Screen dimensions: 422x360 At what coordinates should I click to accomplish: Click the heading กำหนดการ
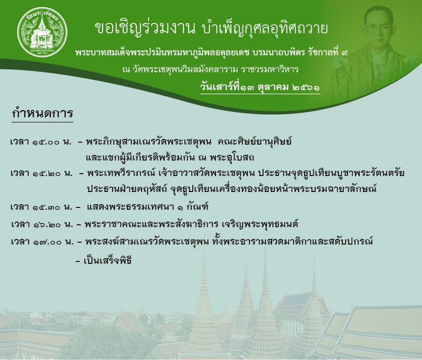(x=43, y=113)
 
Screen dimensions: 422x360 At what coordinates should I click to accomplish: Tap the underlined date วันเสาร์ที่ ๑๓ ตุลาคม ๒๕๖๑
(x=260, y=87)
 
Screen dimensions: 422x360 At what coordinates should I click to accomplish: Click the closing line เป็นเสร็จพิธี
(x=107, y=261)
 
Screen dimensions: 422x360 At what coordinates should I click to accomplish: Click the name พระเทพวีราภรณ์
(x=121, y=173)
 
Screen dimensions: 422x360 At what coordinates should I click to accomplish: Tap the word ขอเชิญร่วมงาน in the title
(x=145, y=29)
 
